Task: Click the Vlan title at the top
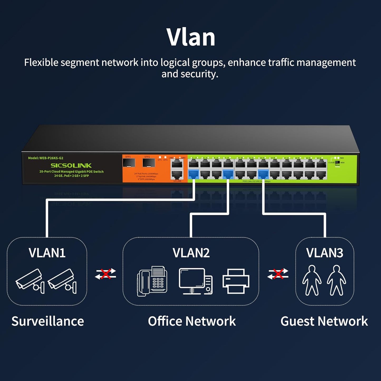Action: click(x=191, y=37)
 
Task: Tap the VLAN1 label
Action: click(x=47, y=253)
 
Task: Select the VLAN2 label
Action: click(x=191, y=253)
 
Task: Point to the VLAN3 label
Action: click(x=325, y=253)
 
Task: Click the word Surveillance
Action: click(x=48, y=321)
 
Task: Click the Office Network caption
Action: click(x=192, y=321)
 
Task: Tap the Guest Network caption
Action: click(x=324, y=321)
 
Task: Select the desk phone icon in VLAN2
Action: click(x=152, y=281)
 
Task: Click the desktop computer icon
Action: click(x=196, y=281)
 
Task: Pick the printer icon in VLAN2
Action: click(x=236, y=281)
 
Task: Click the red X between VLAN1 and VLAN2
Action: click(x=106, y=274)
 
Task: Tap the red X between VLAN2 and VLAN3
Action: click(x=278, y=274)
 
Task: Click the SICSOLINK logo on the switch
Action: click(x=71, y=166)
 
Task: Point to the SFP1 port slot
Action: click(x=129, y=163)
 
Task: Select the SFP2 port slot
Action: click(x=148, y=163)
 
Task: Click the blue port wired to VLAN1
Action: click(x=194, y=174)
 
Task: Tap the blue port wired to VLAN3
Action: click(x=263, y=174)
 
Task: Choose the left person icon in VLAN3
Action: click(x=312, y=280)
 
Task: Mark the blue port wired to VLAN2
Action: click(x=228, y=174)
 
